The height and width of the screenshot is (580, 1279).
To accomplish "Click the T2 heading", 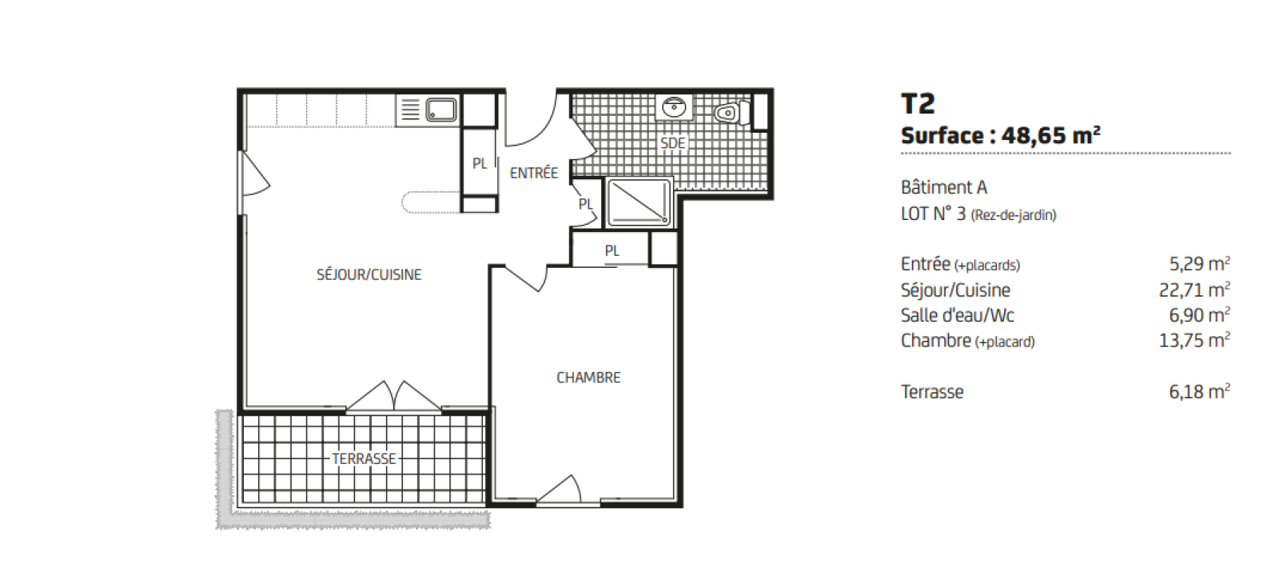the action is click(918, 104).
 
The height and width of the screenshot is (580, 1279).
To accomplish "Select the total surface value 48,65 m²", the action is click(1050, 136).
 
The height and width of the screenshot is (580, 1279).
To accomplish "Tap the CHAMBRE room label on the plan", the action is click(588, 378).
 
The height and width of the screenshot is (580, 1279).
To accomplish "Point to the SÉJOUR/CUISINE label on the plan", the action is click(369, 274).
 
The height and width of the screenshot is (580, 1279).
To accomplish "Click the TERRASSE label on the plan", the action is click(364, 459).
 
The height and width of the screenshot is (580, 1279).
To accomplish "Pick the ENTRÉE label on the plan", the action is click(533, 173).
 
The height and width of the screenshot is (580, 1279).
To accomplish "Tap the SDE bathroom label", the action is click(672, 143).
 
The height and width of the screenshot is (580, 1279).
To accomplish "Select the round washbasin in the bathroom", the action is click(674, 107).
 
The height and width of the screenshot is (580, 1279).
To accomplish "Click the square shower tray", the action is click(639, 202).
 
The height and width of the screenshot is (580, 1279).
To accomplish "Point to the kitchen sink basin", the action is click(441, 110).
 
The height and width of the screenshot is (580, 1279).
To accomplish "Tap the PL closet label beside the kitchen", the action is click(480, 164).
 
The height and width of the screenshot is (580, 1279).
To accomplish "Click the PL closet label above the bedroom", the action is click(612, 251).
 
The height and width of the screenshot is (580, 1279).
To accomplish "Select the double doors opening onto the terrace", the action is click(394, 396).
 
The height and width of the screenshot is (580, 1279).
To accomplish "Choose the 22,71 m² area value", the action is click(1194, 290).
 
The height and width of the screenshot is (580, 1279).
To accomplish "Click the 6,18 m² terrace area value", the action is click(1200, 391).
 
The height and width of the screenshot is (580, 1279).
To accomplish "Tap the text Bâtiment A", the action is click(944, 187).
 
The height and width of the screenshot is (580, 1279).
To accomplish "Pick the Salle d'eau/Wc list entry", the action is click(958, 315).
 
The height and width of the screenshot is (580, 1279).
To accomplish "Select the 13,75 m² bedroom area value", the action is click(1194, 341).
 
